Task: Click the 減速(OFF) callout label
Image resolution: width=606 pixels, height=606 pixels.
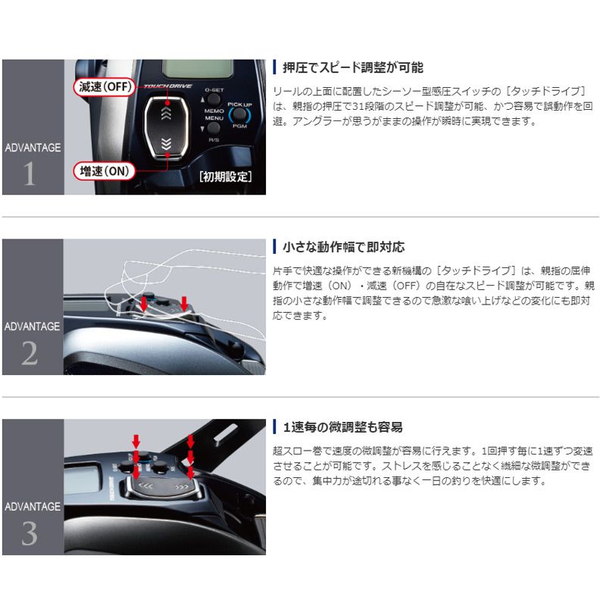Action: click(105, 86)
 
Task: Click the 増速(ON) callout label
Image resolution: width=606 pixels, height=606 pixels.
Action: click(105, 170)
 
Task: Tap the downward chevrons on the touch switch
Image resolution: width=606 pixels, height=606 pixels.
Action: click(165, 142)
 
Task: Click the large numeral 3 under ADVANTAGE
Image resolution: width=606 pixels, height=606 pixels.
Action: click(30, 535)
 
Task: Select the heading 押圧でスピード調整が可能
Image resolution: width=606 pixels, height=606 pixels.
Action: click(352, 67)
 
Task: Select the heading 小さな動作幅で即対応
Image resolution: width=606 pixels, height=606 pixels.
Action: click(343, 247)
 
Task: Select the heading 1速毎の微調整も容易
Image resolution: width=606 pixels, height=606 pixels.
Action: click(342, 426)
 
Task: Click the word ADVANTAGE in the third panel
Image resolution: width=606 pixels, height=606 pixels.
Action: click(32, 506)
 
